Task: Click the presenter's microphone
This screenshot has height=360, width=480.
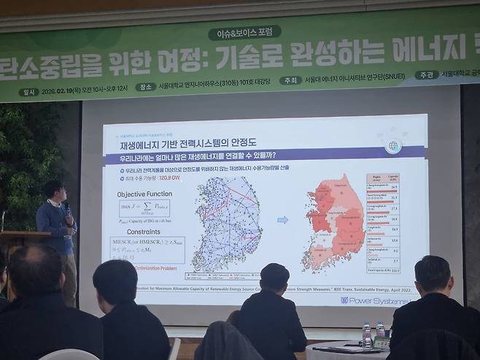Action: [66, 208]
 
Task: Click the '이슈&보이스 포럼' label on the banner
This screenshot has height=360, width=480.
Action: [244, 32]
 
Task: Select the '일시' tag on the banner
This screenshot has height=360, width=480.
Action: [30, 93]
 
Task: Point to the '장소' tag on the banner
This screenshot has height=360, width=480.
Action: [147, 87]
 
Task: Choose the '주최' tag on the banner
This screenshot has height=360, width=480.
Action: [290, 81]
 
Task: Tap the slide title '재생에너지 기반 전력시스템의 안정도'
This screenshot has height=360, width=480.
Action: [182, 147]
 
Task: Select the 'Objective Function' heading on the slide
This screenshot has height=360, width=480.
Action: [144, 194]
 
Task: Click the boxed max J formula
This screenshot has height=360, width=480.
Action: [144, 210]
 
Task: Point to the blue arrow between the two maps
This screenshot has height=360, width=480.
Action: [283, 219]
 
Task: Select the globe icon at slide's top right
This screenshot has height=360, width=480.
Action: [395, 145]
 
